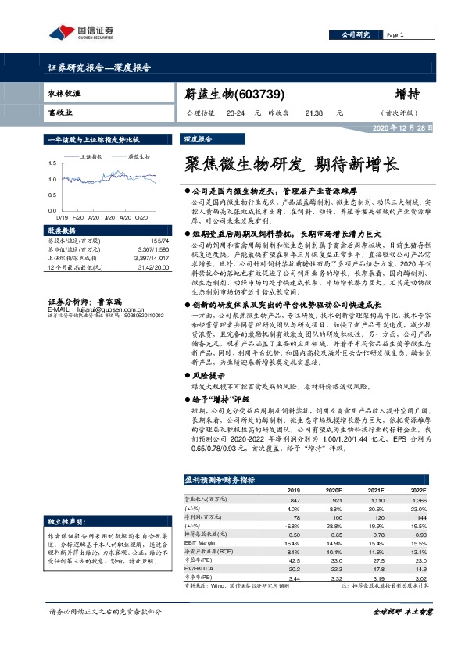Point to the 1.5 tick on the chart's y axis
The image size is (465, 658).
click(x=53, y=163)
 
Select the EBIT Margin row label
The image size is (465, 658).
click(x=198, y=542)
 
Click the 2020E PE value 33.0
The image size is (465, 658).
click(x=334, y=559)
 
